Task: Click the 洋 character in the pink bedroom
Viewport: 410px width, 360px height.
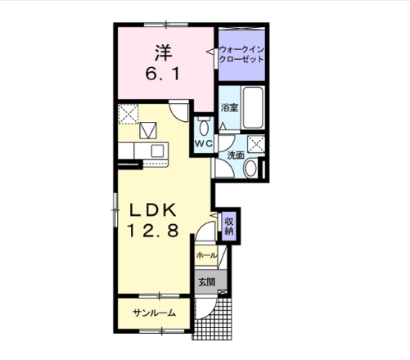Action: (x=164, y=52)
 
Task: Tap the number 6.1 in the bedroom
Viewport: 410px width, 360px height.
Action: (x=163, y=74)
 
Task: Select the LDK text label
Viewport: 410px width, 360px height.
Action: (x=153, y=210)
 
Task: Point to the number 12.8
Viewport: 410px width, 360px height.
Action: (x=153, y=230)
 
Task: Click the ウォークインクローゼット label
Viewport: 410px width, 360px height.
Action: (x=241, y=55)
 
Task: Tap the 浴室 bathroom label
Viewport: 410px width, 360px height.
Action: (x=229, y=107)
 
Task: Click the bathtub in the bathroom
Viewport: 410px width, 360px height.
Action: (x=253, y=107)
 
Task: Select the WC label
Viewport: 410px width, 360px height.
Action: (x=204, y=143)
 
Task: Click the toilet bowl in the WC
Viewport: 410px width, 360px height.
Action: (x=204, y=127)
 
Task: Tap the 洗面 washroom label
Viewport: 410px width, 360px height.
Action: (x=236, y=155)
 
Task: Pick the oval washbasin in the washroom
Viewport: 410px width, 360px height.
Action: (x=250, y=169)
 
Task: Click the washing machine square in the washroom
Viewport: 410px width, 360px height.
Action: (x=256, y=144)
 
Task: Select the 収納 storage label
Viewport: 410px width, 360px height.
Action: (x=229, y=227)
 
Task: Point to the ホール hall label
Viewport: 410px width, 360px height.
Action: (x=206, y=255)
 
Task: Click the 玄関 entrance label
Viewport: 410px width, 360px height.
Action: (x=207, y=282)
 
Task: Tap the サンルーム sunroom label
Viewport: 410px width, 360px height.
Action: (x=154, y=313)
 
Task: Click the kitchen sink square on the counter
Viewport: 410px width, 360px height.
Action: (x=157, y=151)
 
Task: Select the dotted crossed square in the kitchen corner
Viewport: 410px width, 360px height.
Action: (x=128, y=114)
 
